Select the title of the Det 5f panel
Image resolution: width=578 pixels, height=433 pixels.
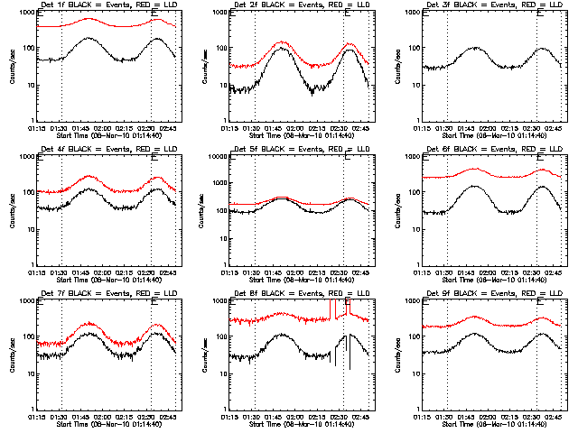(x=291, y=150)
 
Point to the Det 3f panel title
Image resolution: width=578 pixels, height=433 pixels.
(x=484, y=6)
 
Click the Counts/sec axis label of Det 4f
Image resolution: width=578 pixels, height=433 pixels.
(x=13, y=210)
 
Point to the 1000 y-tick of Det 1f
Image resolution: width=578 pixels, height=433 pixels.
(x=26, y=14)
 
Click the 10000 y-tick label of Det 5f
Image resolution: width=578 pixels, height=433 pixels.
(x=217, y=157)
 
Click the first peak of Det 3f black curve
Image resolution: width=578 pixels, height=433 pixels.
(x=475, y=47)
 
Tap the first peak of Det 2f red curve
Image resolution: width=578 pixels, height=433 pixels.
(x=281, y=41)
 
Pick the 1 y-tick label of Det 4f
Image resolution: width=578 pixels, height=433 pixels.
(x=32, y=264)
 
